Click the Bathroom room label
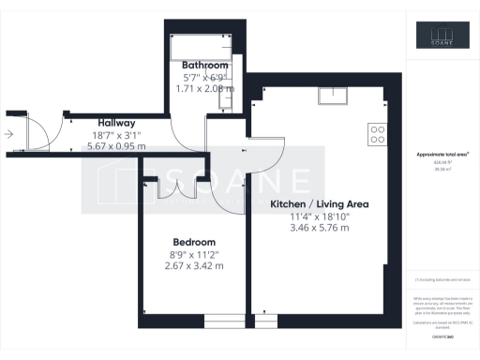[x=205, y=65]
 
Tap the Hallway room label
[x=117, y=123]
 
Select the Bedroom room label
[x=193, y=241]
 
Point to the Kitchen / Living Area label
[x=319, y=203]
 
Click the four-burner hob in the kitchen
[x=378, y=134]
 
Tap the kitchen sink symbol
[x=332, y=93]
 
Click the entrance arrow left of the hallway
[x=9, y=134]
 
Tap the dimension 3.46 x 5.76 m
[x=319, y=228]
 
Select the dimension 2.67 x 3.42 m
[x=193, y=265]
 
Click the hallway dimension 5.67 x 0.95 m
[x=117, y=146]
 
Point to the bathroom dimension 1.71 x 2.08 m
[x=205, y=88]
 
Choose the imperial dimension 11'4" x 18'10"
[x=319, y=216]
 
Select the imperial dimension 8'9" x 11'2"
[x=193, y=253]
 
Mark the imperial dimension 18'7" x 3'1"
[x=117, y=135]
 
